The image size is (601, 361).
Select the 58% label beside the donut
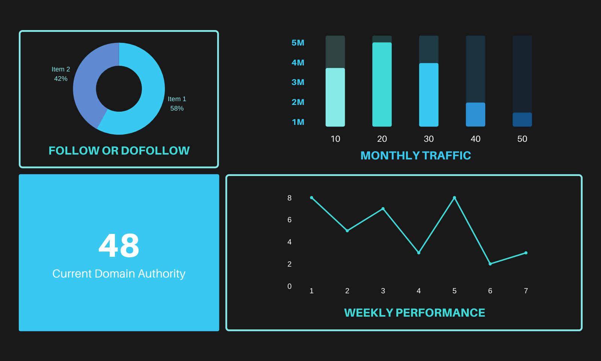point(177,108)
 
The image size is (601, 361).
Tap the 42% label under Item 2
point(61,79)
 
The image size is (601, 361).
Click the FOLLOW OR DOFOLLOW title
point(119,150)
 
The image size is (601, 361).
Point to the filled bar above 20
point(382,85)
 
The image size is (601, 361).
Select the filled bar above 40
point(475,114)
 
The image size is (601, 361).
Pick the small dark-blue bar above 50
point(522,119)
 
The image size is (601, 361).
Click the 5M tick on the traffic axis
point(298,43)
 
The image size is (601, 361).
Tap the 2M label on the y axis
point(298,102)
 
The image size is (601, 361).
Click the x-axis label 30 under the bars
point(429,139)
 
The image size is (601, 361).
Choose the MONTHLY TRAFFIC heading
point(415,155)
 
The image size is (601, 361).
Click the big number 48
point(119,245)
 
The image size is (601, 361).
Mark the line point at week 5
point(455,197)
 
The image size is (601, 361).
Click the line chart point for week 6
point(490,264)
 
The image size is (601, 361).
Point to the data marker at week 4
point(419,253)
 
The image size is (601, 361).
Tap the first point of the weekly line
point(311,197)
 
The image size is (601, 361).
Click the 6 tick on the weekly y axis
point(289,220)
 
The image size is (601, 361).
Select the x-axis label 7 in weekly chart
point(526,291)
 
